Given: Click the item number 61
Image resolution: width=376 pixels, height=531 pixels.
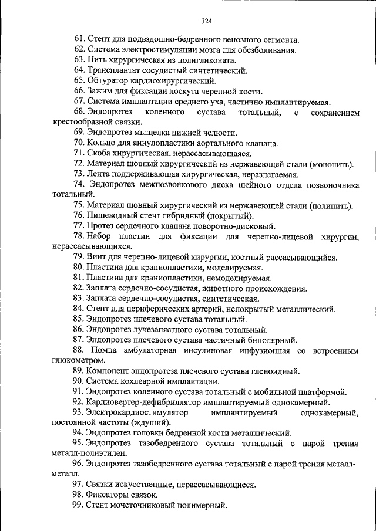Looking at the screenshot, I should pos(79,40).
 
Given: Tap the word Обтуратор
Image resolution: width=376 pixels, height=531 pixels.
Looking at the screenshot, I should pos(110,80).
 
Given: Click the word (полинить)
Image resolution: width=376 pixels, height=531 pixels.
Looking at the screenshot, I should pos(332,206).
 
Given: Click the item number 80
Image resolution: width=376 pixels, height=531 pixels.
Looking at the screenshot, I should pos(79,268).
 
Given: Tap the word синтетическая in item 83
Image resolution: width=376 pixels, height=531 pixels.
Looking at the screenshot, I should pos(218,298).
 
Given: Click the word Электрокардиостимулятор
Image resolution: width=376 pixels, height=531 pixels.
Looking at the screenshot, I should pos(136,412).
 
